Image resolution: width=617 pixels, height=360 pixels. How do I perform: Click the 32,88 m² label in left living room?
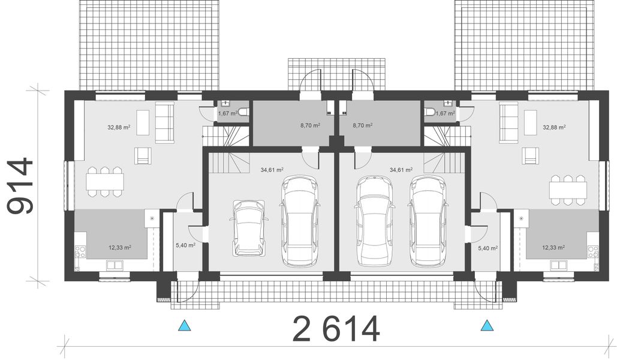(x=119, y=127)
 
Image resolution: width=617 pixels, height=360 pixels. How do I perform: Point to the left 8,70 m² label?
(x=310, y=126)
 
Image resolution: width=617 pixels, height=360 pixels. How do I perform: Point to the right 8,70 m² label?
(x=363, y=126)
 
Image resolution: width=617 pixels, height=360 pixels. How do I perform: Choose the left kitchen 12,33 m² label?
(x=120, y=247)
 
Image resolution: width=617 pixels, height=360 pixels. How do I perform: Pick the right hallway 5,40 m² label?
(x=488, y=247)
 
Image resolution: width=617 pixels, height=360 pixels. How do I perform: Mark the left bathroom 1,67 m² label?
(x=227, y=113)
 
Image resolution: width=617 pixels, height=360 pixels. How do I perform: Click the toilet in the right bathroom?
(x=430, y=112)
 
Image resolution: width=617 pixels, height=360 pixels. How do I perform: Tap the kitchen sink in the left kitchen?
(x=115, y=264)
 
